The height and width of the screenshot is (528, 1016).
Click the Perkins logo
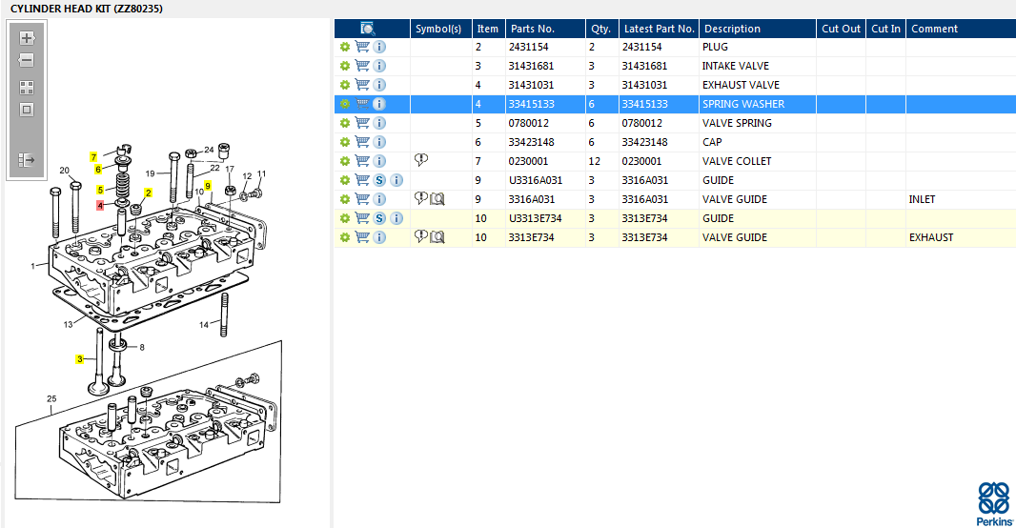tap(995, 503)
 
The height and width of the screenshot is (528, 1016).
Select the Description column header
tap(732, 29)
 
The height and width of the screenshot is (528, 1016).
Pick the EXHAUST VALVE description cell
tap(741, 85)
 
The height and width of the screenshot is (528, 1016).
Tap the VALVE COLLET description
tap(737, 161)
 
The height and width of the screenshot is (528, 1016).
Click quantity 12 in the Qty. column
tap(594, 161)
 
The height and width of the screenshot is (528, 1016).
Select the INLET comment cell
tap(922, 199)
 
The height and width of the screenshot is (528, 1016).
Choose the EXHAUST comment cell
tap(931, 237)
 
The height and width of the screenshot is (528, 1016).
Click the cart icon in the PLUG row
tap(362, 47)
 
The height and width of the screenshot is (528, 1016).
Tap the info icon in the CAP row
tap(379, 142)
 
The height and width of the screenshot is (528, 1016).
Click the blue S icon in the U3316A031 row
tap(379, 180)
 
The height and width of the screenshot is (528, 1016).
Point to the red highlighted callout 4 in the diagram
tap(100, 205)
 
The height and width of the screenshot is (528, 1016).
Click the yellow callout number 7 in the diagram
tap(93, 157)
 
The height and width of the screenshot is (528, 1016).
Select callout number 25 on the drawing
tap(51, 399)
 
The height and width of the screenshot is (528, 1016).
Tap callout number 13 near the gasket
tap(68, 324)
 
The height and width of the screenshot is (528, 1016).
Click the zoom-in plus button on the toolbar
tap(27, 37)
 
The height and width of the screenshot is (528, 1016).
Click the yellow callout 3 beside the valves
tap(80, 359)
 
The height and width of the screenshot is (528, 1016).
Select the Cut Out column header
tap(841, 29)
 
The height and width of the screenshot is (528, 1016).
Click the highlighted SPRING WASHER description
tap(743, 104)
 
